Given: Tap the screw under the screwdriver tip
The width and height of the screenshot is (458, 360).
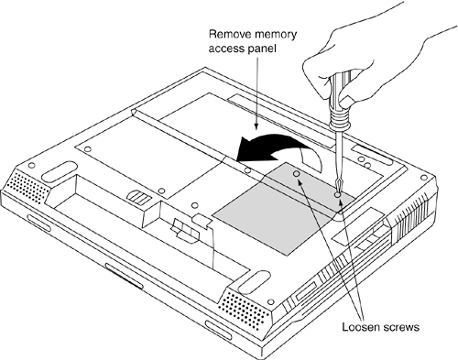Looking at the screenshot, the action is coord(337,194).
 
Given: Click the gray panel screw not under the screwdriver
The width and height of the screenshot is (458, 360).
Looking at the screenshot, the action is coord(296,174).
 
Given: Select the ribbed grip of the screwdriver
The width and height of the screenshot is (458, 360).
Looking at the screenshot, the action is coord(339,115).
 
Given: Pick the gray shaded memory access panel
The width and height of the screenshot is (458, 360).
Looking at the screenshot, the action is coord(284,208).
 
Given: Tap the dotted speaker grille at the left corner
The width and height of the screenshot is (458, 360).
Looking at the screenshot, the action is coord(30,185).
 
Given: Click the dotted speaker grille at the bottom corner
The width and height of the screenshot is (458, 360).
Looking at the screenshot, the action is coord(243,310).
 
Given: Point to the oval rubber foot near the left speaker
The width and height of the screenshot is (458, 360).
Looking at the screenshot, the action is coord(60,171).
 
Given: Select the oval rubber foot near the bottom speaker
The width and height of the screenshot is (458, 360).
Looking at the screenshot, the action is coord(254,283).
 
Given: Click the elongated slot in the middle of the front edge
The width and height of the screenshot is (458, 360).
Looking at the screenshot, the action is coord(124,276).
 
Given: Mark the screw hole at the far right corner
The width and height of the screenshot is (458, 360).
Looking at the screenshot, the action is coord(423,178).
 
